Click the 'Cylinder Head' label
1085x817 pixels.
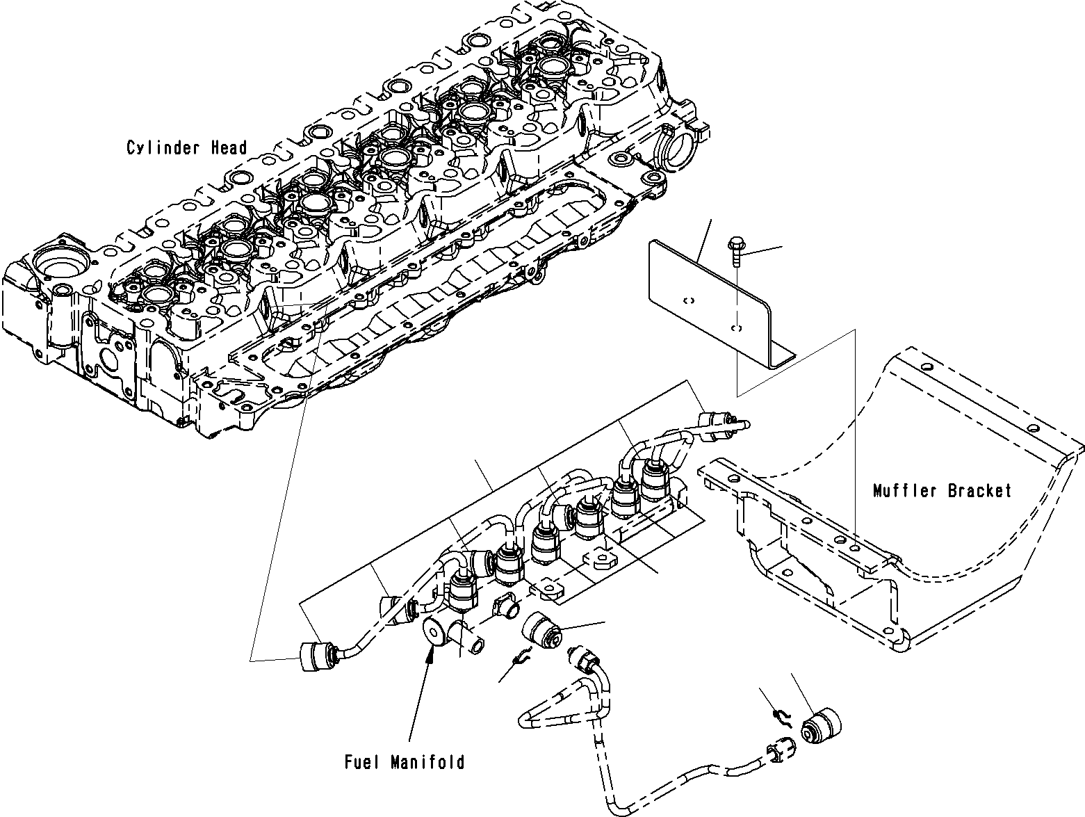[186, 147]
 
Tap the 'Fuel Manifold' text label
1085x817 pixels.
[405, 762]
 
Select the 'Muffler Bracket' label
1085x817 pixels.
[942, 491]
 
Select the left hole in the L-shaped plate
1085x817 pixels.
[688, 300]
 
